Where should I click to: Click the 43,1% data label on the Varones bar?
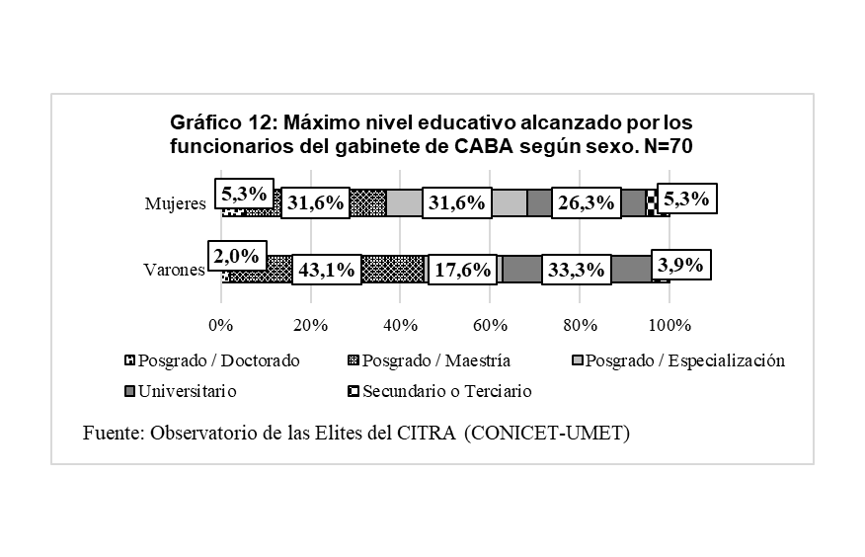point(326,270)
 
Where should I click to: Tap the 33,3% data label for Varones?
point(576,270)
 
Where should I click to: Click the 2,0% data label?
point(236,256)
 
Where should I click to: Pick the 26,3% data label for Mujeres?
point(586,202)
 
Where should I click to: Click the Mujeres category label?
point(175,203)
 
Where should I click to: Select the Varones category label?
point(175,270)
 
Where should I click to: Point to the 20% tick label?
point(311,326)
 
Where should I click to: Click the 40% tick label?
point(401,326)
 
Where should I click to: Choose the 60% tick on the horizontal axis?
point(491,326)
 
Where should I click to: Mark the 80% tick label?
point(581,326)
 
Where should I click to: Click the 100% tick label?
point(670,326)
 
